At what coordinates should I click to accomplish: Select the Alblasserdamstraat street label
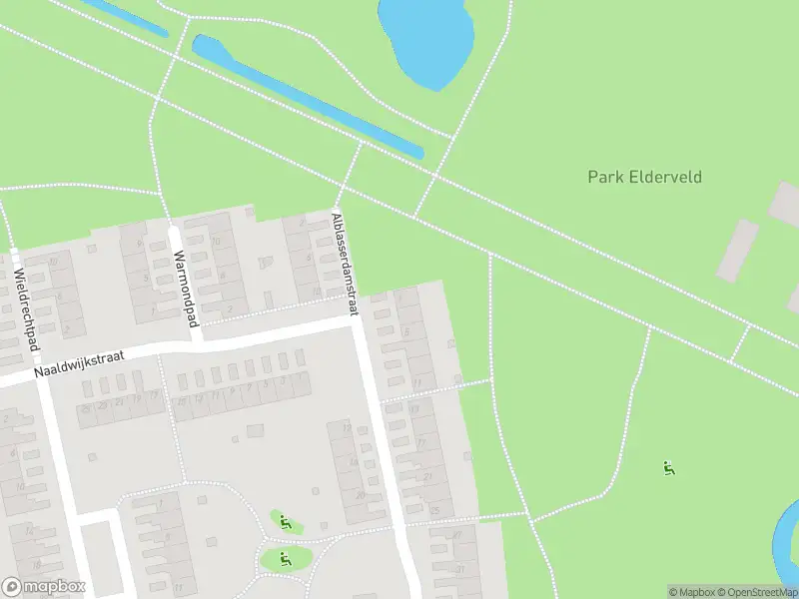pyautogui.click(x=345, y=265)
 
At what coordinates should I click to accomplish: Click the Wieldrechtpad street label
pyautogui.click(x=26, y=308)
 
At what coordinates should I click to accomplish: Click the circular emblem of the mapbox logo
pyautogui.click(x=12, y=587)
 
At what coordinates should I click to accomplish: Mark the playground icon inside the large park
pyautogui.click(x=669, y=467)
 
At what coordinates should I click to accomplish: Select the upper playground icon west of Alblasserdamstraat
pyautogui.click(x=285, y=521)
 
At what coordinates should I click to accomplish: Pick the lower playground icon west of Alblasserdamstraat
pyautogui.click(x=285, y=559)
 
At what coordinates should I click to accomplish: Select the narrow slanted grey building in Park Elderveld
pyautogui.click(x=737, y=250)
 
